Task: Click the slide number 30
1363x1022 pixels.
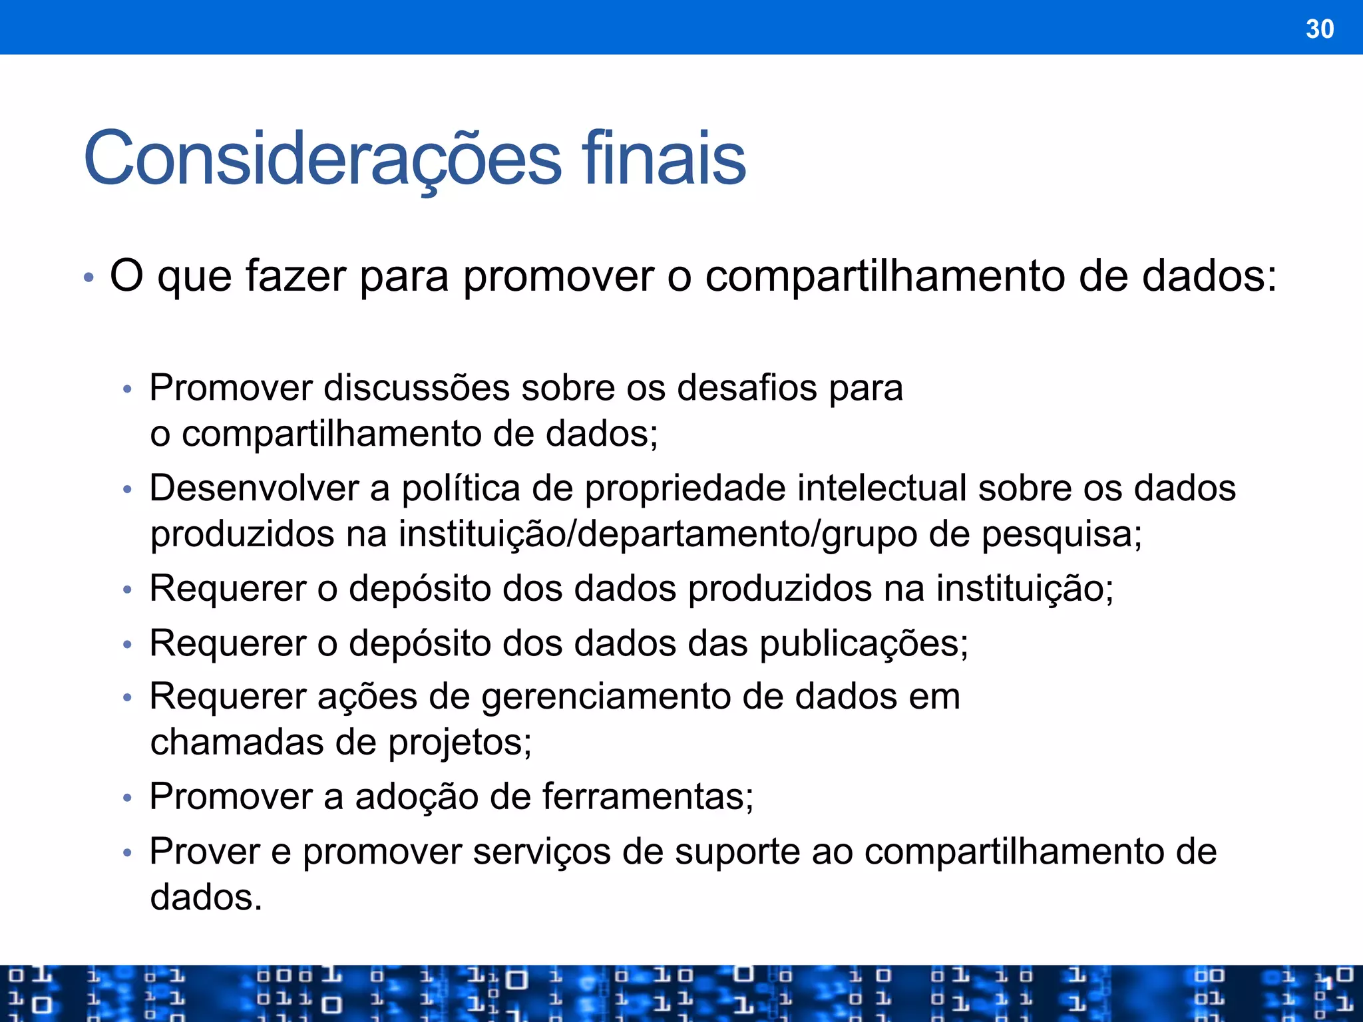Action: (1320, 29)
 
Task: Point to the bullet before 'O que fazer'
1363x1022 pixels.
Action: (89, 277)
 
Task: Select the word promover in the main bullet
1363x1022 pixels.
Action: (558, 277)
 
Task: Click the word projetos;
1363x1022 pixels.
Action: (460, 743)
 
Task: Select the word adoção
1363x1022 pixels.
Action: (416, 797)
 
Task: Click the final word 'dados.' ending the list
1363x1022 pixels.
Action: (206, 897)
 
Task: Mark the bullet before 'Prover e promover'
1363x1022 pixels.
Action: (128, 852)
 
